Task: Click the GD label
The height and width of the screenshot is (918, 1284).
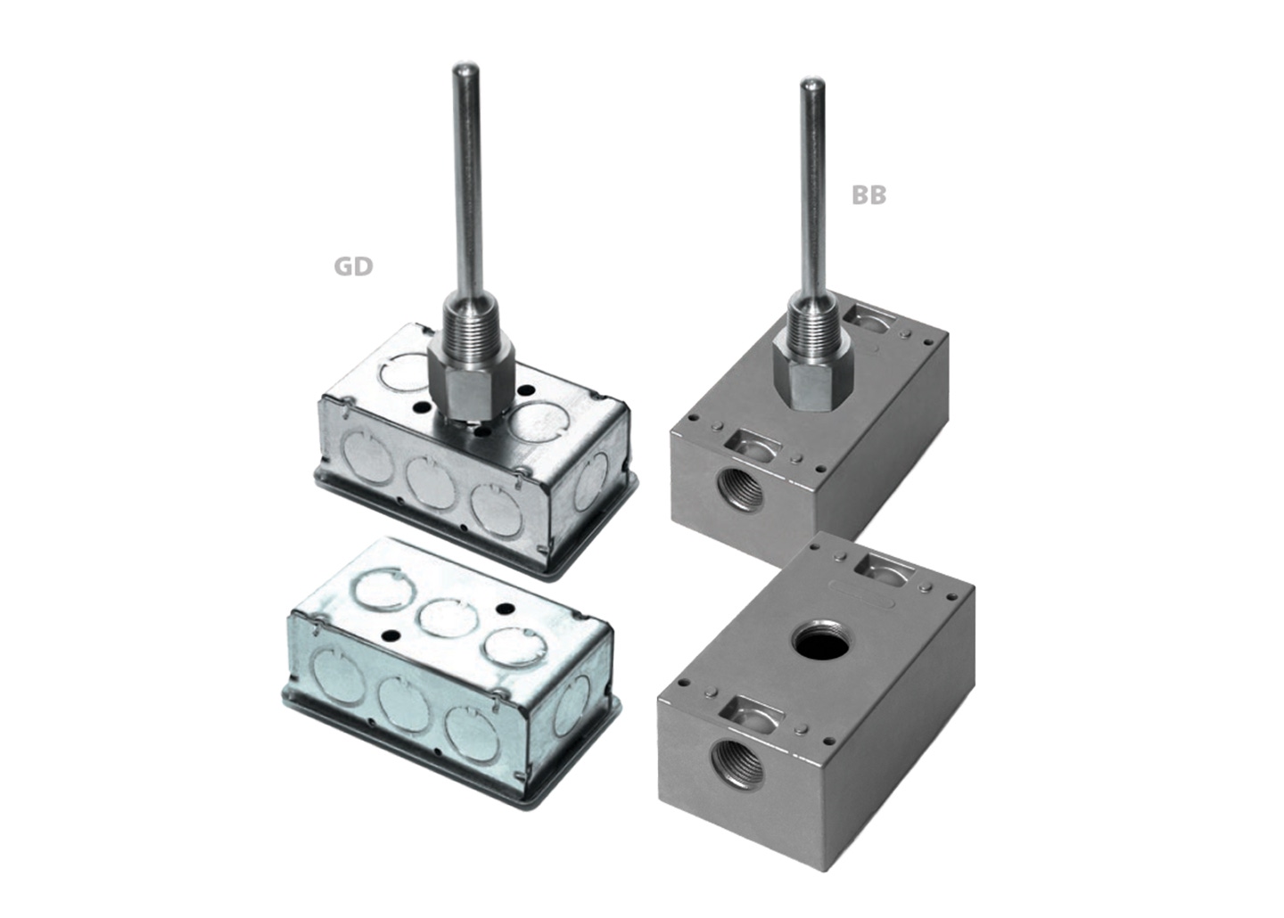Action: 353,266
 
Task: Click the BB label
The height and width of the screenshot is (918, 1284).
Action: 868,195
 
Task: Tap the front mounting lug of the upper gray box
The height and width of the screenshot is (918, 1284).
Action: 751,443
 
